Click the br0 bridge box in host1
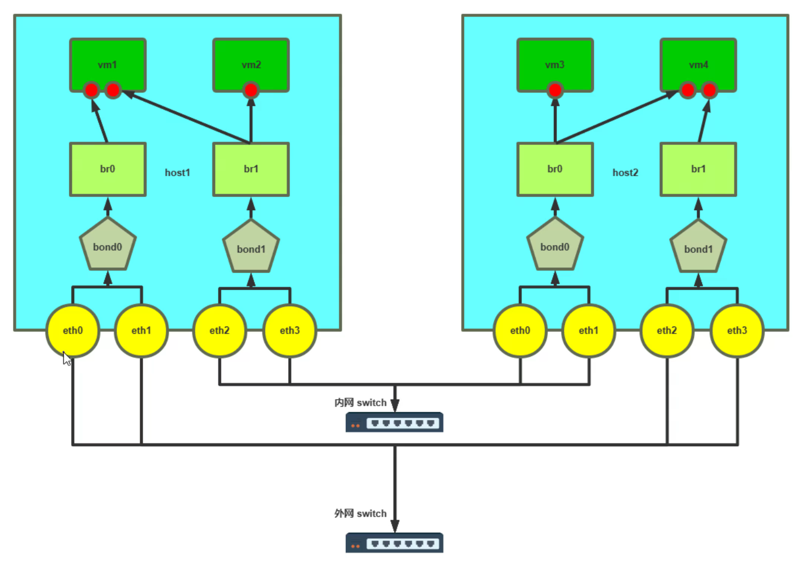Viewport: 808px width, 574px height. coord(108,169)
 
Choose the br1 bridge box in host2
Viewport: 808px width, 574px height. coord(698,169)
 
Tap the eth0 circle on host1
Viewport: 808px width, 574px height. coord(72,330)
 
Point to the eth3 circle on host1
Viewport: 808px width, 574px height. coord(290,330)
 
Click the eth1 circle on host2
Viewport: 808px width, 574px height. coord(588,330)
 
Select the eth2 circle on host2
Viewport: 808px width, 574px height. coord(667,330)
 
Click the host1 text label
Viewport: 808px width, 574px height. coord(177,173)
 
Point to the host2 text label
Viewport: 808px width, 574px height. coord(625,173)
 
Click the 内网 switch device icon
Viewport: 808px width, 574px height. coord(394,423)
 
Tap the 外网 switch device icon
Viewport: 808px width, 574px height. coord(394,543)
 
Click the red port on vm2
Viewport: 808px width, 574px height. coord(251,90)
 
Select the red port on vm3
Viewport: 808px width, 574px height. coord(555,90)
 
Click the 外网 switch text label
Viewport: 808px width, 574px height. coord(360,514)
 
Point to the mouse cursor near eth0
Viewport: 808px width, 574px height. coord(66,359)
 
